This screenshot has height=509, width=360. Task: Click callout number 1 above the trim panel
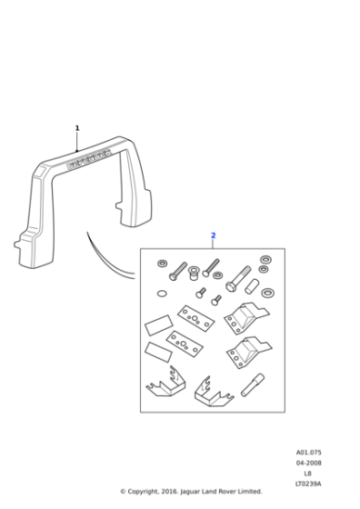(x=77, y=128)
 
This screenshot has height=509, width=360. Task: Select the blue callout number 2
(x=213, y=235)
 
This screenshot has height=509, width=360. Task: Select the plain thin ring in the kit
(x=163, y=293)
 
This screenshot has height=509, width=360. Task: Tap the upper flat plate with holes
(x=195, y=318)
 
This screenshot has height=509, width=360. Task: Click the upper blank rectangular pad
(x=158, y=324)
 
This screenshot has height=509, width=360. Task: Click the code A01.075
(x=308, y=452)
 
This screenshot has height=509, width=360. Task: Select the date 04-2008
(x=308, y=463)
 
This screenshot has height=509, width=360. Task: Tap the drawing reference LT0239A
(x=308, y=484)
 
